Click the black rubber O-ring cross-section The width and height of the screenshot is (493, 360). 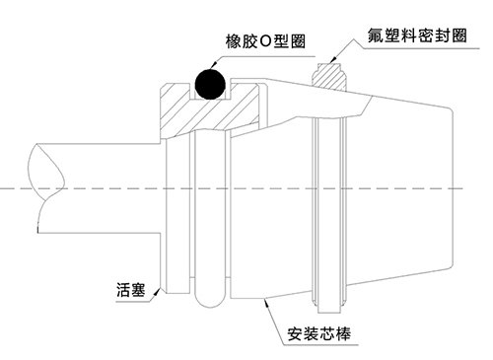tap(210, 84)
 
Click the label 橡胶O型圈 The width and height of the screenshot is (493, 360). tap(265, 41)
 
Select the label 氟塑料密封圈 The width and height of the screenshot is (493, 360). tap(417, 36)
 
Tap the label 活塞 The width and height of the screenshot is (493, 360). tap(130, 290)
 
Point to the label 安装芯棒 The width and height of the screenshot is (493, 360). tap(319, 333)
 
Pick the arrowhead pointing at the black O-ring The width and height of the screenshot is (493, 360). tap(213, 65)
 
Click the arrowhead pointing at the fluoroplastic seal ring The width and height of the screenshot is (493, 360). tap(333, 59)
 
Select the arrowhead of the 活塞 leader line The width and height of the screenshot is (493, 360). tap(159, 291)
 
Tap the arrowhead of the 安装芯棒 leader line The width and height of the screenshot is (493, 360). tap(267, 303)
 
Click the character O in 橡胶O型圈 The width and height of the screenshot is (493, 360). tap(265, 41)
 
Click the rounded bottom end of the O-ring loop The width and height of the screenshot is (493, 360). tap(210, 301)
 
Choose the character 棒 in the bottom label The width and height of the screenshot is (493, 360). tap(343, 333)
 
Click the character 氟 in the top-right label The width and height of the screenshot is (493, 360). tap(376, 36)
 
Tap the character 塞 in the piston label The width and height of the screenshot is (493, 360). tap(138, 290)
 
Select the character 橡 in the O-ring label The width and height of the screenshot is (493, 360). tap(233, 41)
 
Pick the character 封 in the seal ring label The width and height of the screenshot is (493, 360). tap(442, 36)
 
